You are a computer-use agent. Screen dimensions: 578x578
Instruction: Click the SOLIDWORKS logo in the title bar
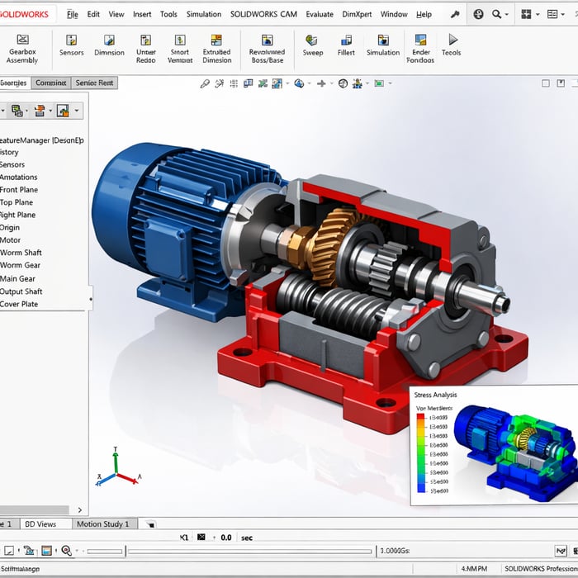pos(27,14)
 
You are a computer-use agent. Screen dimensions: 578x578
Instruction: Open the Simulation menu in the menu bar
pos(203,14)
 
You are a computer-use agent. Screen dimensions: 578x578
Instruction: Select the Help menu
pos(424,14)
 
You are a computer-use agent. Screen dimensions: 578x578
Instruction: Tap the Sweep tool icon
pos(312,45)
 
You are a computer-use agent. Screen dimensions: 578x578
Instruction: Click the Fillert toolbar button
pos(346,45)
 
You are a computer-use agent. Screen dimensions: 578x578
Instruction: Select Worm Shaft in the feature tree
pos(21,253)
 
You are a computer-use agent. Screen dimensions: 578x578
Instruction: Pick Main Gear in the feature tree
pos(18,278)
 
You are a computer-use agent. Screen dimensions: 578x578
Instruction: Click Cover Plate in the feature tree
pos(19,304)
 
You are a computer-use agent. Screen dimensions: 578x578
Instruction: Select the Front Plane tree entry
pos(19,190)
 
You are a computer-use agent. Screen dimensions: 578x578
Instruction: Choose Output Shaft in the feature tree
pos(21,291)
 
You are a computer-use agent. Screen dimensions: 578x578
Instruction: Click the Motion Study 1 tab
pos(102,524)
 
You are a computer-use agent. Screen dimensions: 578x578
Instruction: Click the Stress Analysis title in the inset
pos(435,396)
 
